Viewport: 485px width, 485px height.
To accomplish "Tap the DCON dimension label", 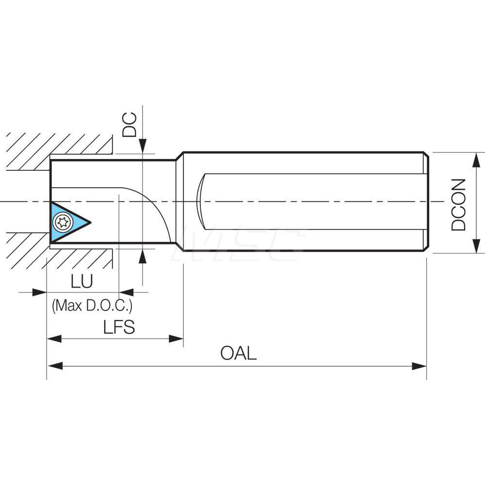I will tap(458, 204).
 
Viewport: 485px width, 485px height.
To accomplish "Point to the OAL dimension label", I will tap(238, 353).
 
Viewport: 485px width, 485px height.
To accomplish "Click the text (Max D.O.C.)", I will tap(92, 306).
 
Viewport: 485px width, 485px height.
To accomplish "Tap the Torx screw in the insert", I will tap(62, 223).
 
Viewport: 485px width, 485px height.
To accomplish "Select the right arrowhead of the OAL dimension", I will tap(419, 366).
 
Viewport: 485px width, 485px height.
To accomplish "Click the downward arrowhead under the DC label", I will tap(143, 145).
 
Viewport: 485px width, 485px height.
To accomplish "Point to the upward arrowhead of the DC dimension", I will tap(143, 257).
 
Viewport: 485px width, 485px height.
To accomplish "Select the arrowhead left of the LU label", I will tap(39, 292).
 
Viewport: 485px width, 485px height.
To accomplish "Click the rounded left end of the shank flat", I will tap(200, 201).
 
